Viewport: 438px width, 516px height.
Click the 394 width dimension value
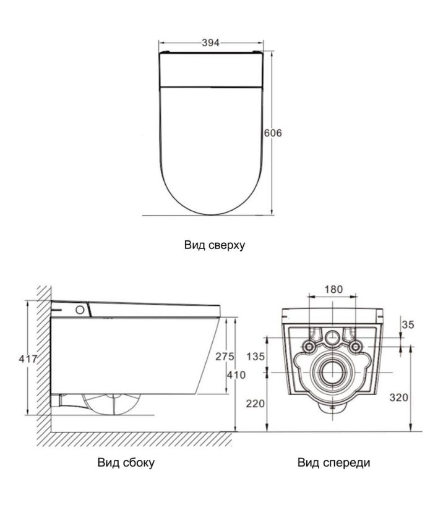[x=211, y=43]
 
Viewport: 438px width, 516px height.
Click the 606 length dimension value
[x=273, y=133]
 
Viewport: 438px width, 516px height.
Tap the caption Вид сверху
[x=215, y=245]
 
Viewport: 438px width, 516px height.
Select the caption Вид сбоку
[x=126, y=462]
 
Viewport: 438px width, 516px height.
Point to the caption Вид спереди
[x=333, y=462]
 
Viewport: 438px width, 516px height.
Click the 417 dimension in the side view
[x=28, y=358]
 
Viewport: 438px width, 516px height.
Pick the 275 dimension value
[x=225, y=357]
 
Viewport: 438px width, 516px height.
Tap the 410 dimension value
[x=236, y=375]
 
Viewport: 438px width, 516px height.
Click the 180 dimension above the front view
[x=333, y=289]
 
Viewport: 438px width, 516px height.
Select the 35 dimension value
[x=408, y=325]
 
